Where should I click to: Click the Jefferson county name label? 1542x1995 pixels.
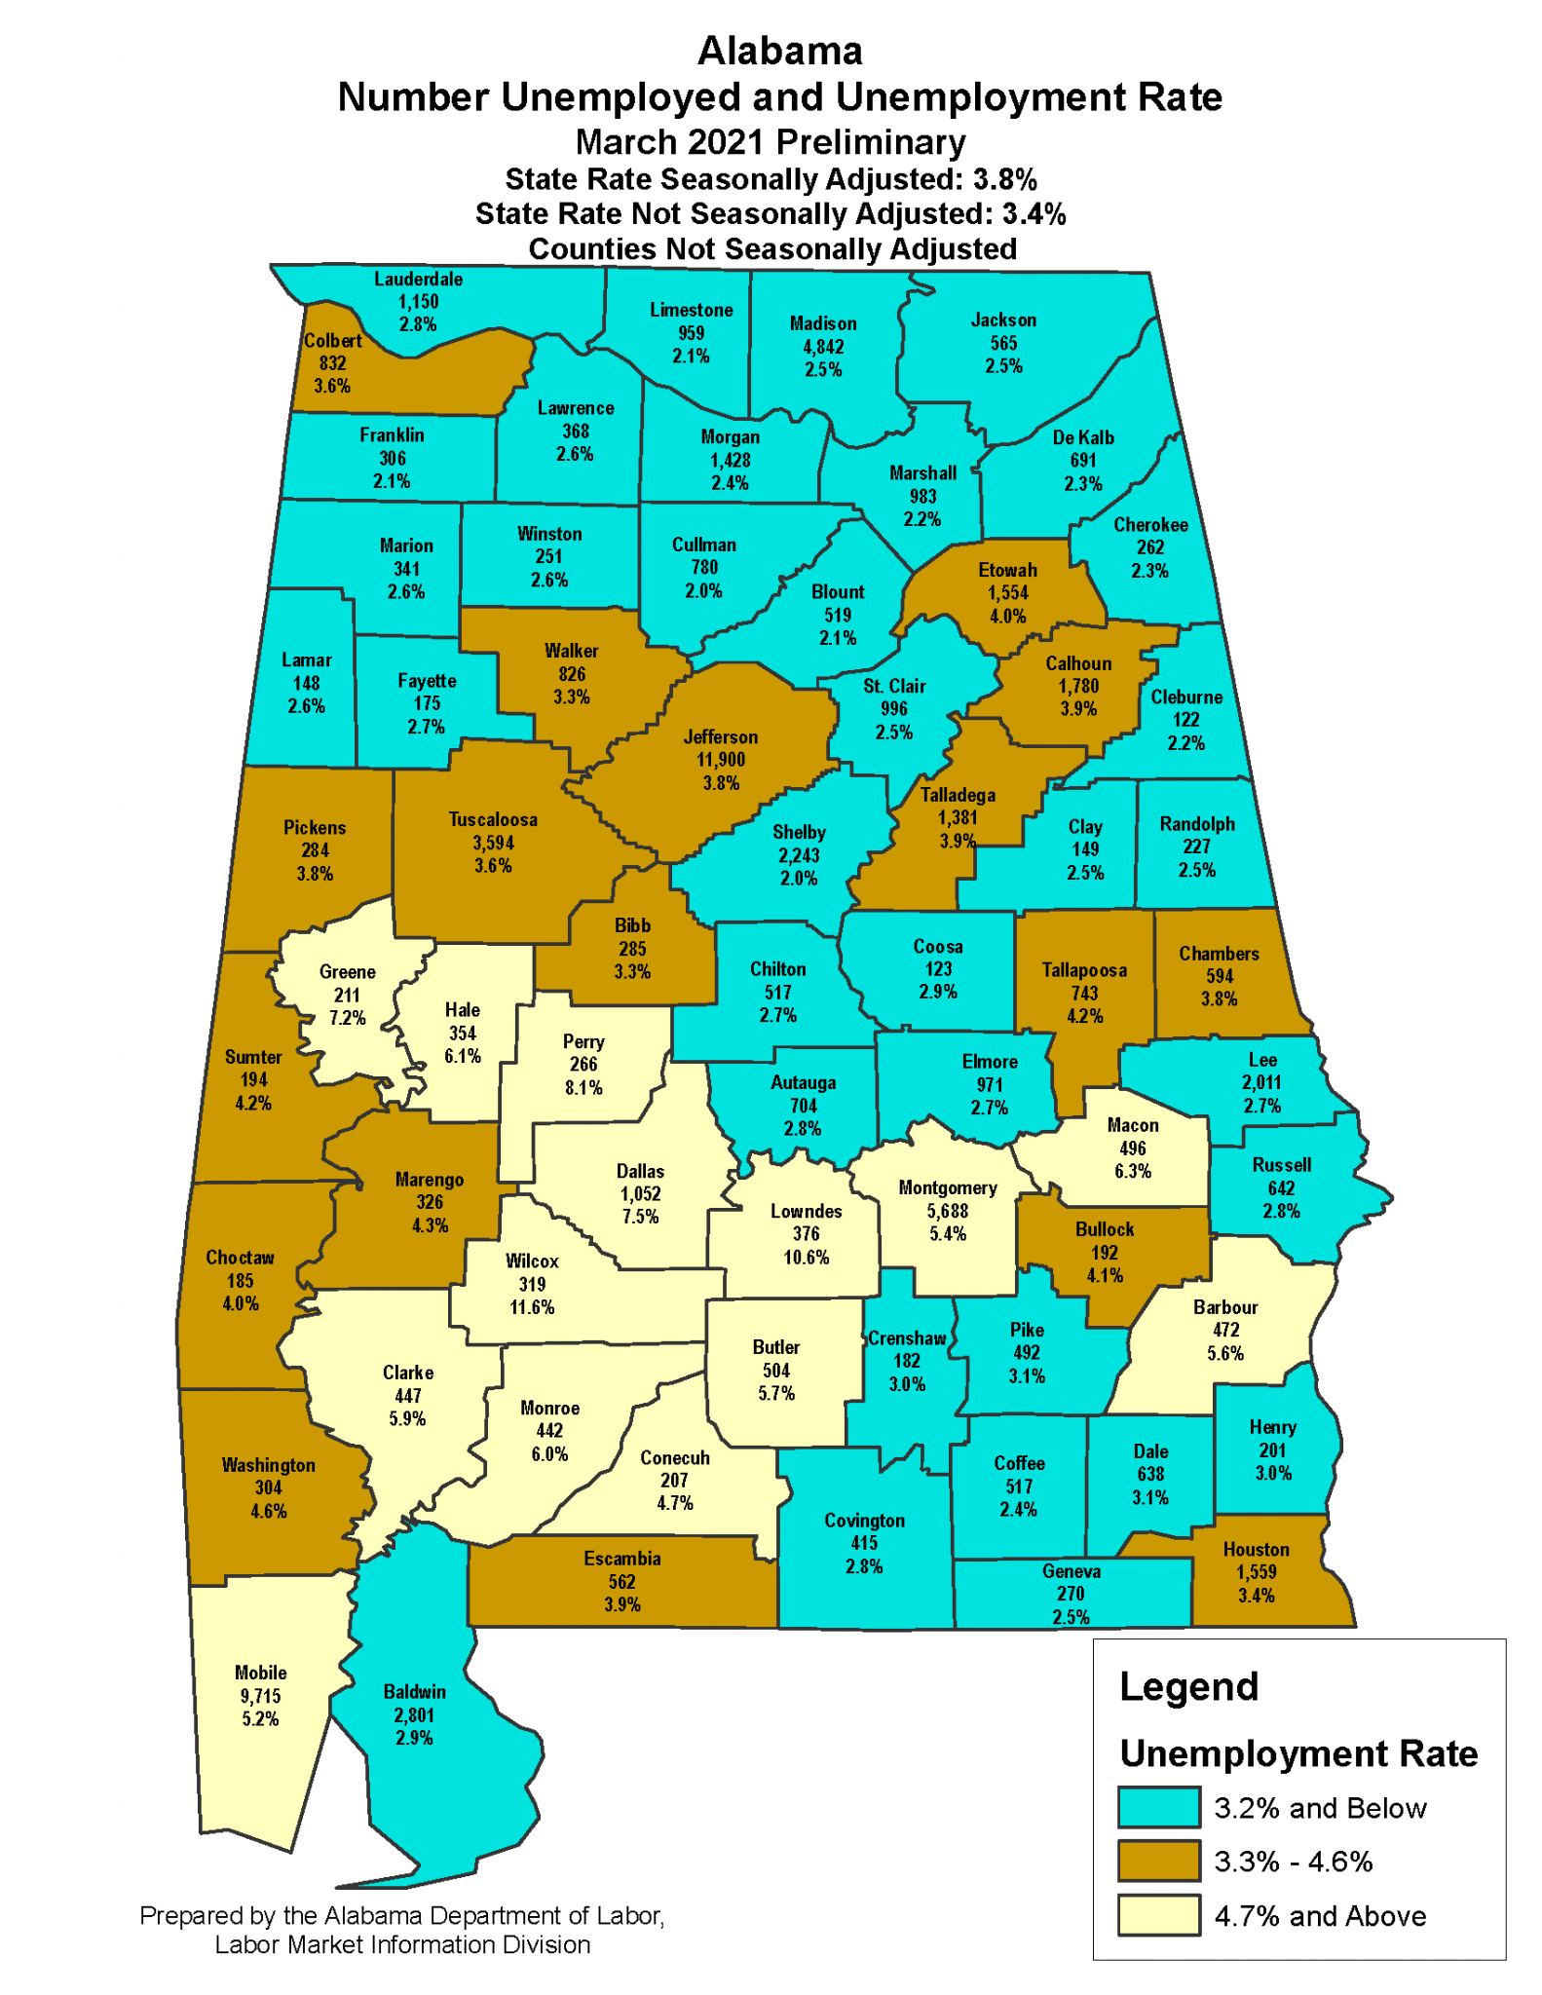pyautogui.click(x=720, y=737)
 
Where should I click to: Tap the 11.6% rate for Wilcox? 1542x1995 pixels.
pyautogui.click(x=532, y=1307)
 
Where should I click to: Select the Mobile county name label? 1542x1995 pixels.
pyautogui.click(x=260, y=1673)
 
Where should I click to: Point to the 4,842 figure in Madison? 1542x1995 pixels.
pyautogui.click(x=823, y=347)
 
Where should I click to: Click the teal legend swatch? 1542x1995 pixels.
pyautogui.click(x=1158, y=1807)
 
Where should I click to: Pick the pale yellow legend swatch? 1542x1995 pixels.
pyautogui.click(x=1158, y=1915)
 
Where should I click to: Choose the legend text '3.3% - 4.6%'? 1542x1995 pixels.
pyautogui.click(x=1293, y=1862)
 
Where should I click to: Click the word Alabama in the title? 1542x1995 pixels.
pyautogui.click(x=779, y=51)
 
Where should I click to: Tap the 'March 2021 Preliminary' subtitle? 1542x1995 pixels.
pyautogui.click(x=771, y=142)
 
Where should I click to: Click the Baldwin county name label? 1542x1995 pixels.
pyautogui.click(x=414, y=1692)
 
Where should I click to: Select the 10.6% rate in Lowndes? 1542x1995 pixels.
pyautogui.click(x=806, y=1257)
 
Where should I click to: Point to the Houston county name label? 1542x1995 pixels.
pyautogui.click(x=1256, y=1549)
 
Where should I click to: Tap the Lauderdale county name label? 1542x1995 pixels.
pyautogui.click(x=419, y=280)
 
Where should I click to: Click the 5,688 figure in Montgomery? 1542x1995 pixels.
pyautogui.click(x=948, y=1211)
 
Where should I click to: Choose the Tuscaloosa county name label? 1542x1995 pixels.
pyautogui.click(x=493, y=819)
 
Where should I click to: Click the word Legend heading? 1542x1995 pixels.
pyautogui.click(x=1188, y=1686)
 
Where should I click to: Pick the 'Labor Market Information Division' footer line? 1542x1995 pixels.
pyautogui.click(x=402, y=1945)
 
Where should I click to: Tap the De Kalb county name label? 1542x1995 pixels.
pyautogui.click(x=1083, y=437)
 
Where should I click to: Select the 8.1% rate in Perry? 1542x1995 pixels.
pyautogui.click(x=583, y=1087)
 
